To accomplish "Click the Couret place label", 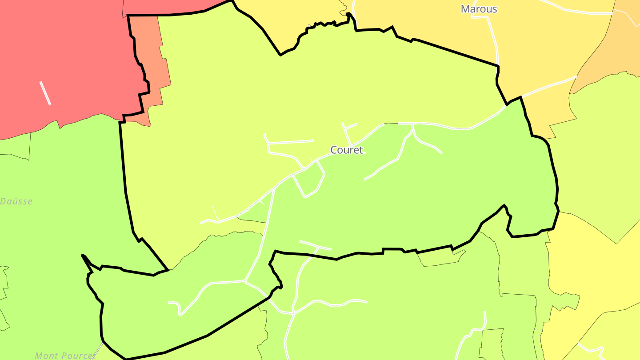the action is [x=347, y=150].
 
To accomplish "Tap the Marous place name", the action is [x=479, y=9].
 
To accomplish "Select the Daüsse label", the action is [x=16, y=201].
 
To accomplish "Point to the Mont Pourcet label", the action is [x=65, y=356].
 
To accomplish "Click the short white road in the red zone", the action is [x=45, y=93].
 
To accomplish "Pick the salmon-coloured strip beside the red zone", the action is [x=153, y=67].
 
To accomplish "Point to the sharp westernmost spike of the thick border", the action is [x=83, y=255].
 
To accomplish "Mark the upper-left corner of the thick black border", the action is [x=128, y=16].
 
